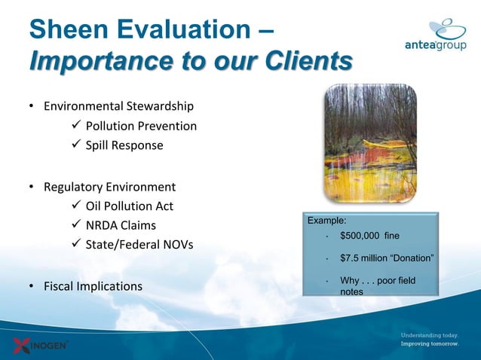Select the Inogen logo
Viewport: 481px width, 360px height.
[41, 345]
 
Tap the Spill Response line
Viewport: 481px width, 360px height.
[124, 145]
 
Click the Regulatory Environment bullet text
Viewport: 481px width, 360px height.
[109, 186]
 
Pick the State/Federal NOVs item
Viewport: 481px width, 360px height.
[139, 246]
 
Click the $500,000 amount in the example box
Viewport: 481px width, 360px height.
[361, 236]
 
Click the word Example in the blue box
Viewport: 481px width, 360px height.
[326, 221]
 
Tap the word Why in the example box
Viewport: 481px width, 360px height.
[350, 281]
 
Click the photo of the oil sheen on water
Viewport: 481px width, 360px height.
[369, 143]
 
